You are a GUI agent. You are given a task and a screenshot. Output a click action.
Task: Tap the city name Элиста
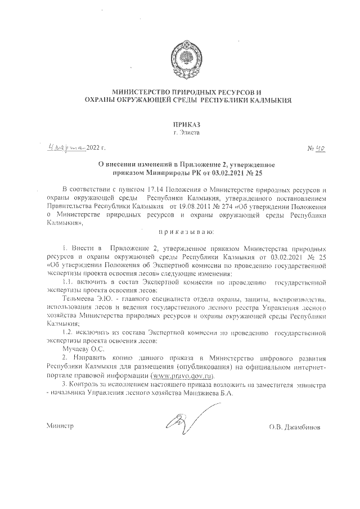click(189, 133)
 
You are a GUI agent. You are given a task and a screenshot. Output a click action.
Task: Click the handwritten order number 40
click(320, 148)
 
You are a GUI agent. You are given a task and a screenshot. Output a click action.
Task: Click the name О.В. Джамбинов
click(295, 427)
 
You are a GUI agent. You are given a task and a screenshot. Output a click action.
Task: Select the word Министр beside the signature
click(60, 427)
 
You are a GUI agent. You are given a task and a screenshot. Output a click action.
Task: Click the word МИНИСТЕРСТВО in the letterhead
click(145, 92)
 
